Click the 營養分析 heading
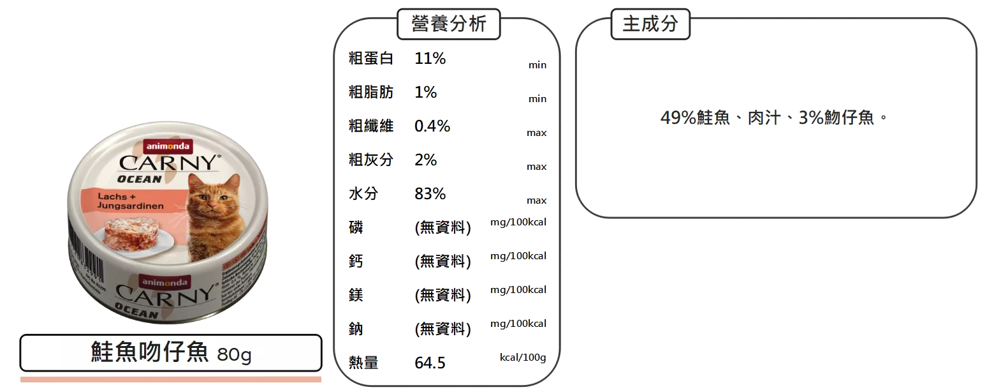(449, 24)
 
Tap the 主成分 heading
(650, 24)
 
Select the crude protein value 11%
(430, 59)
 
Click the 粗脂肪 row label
(370, 93)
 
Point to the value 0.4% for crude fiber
(432, 126)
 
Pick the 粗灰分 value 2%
(426, 160)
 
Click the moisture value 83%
(430, 193)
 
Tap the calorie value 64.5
(430, 363)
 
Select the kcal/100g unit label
(523, 357)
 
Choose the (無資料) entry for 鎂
(443, 296)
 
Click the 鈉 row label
(356, 329)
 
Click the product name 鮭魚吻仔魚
(150, 352)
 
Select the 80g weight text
(234, 354)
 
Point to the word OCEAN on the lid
(140, 179)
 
